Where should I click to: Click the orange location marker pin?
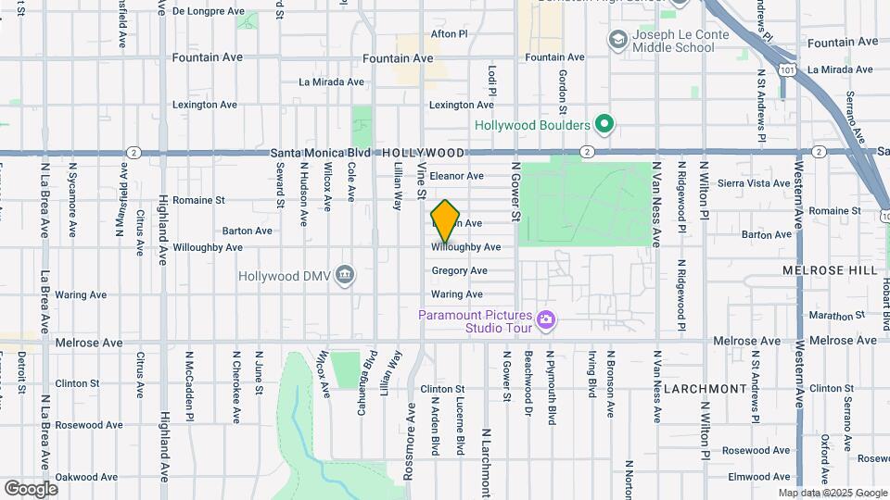[445, 219]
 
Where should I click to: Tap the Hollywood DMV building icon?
[345, 275]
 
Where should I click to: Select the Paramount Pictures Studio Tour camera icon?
[547, 320]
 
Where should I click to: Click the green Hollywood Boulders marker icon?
[604, 124]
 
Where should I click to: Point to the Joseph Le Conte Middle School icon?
[617, 40]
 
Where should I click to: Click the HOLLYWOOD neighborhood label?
[423, 152]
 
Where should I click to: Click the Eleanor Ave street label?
[456, 176]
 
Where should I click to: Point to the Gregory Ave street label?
[459, 271]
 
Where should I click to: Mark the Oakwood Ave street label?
[83, 478]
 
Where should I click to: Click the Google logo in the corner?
[31, 488]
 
